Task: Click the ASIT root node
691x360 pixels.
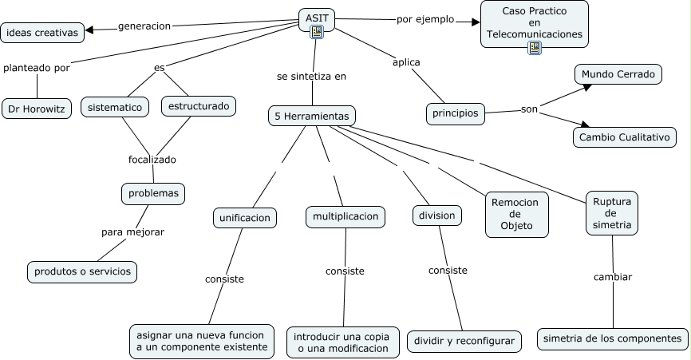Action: click(x=317, y=20)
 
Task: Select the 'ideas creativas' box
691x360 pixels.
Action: click(x=42, y=33)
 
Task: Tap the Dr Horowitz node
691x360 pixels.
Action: click(x=37, y=109)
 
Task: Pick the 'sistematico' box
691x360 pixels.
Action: click(x=115, y=107)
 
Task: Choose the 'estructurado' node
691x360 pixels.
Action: click(x=199, y=106)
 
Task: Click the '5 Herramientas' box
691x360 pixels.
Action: click(x=312, y=116)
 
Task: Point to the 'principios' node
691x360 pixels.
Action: click(x=456, y=113)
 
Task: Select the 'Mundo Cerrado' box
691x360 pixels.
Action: click(x=618, y=74)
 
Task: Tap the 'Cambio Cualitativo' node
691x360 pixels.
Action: click(x=625, y=137)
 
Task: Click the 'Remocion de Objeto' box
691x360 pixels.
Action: click(x=517, y=215)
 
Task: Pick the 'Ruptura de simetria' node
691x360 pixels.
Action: click(x=612, y=213)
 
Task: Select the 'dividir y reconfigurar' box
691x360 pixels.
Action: click(x=464, y=342)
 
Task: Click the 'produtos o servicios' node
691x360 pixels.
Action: click(x=82, y=272)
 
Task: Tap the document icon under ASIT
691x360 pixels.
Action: click(x=317, y=32)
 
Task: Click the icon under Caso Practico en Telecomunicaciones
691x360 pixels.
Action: click(x=535, y=48)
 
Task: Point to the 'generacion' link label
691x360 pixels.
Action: click(x=144, y=26)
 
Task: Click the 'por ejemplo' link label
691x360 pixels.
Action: click(x=425, y=19)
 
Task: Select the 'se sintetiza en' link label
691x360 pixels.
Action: click(x=311, y=76)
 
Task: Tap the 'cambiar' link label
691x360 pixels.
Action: click(x=613, y=277)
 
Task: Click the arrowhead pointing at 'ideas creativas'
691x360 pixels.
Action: click(x=89, y=30)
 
